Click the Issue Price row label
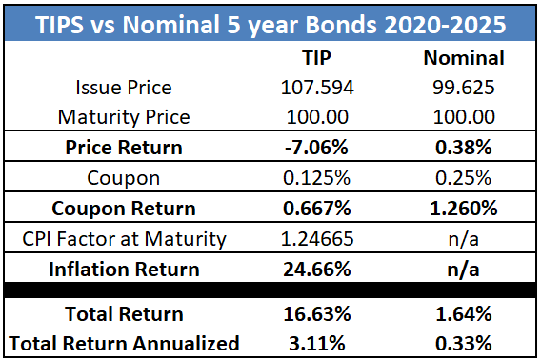point(124,89)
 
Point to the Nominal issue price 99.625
point(463,89)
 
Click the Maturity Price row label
point(124,118)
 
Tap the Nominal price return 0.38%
point(463,149)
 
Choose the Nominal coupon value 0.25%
point(463,178)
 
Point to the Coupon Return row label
point(124,208)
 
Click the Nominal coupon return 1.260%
point(463,208)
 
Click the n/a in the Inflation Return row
point(463,268)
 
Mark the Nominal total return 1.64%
point(463,313)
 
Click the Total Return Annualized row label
point(124,342)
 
